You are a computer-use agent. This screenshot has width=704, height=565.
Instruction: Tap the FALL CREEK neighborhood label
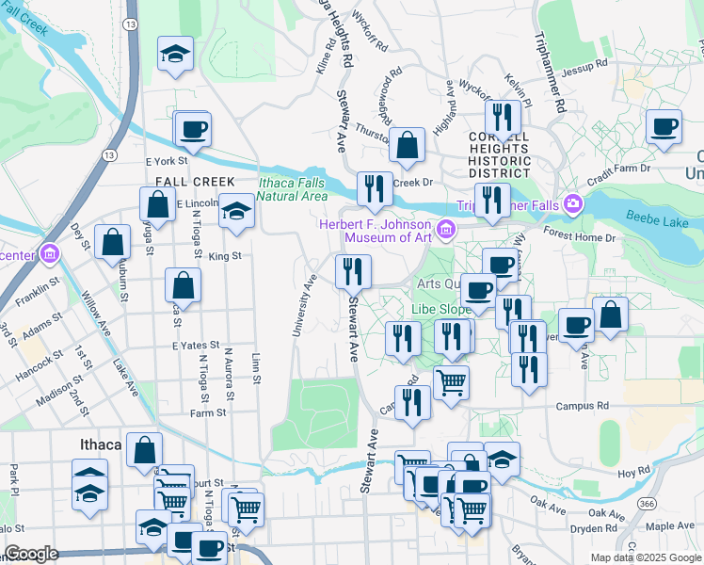point(182,181)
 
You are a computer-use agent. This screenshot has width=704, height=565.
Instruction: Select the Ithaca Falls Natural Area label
point(293,189)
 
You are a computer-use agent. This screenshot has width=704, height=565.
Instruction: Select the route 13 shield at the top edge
point(130,22)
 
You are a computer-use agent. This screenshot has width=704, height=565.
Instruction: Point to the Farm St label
point(208,412)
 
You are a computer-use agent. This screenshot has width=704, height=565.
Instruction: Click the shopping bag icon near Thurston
point(408,145)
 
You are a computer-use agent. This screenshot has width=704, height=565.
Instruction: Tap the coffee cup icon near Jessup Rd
point(664,125)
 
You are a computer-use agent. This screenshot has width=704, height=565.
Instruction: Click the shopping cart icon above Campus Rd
point(451,381)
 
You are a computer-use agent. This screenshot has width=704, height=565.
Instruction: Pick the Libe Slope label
point(440,309)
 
